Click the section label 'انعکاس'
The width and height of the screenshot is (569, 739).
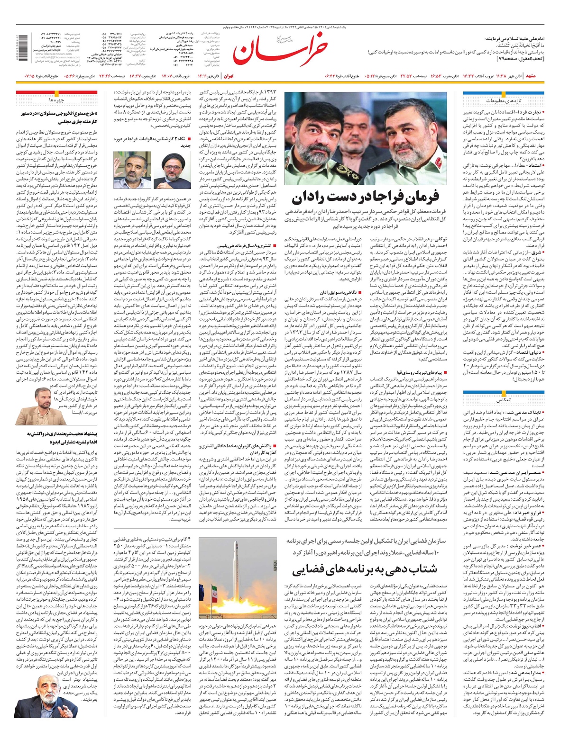[504, 400]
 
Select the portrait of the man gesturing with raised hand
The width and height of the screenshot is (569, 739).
[129, 170]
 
